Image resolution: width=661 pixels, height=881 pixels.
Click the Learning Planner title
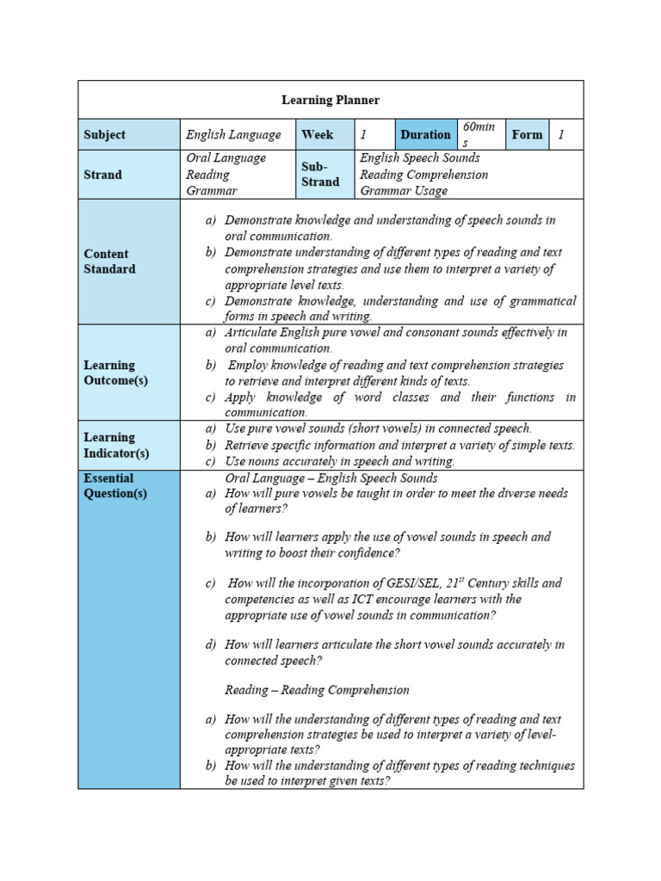click(x=330, y=101)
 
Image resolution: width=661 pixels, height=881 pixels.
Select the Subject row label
click(x=104, y=135)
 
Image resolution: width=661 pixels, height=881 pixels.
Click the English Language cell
click(x=233, y=135)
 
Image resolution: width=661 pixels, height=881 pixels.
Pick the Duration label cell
click(x=425, y=135)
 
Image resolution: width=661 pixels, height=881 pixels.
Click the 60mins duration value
click(x=479, y=135)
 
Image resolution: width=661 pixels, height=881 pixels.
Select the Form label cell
click(x=527, y=135)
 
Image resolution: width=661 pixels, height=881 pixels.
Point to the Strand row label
click(x=102, y=175)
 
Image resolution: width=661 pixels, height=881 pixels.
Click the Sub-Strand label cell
click(x=320, y=175)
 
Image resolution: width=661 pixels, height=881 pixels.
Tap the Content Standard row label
click(x=109, y=262)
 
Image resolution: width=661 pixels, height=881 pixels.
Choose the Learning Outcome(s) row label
click(x=115, y=373)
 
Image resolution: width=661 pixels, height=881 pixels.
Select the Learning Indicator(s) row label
click(x=116, y=445)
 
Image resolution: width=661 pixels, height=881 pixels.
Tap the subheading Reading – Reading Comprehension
click(x=317, y=690)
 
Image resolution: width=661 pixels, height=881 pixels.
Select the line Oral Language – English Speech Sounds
click(x=331, y=478)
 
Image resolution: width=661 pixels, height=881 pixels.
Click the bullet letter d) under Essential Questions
click(x=211, y=644)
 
